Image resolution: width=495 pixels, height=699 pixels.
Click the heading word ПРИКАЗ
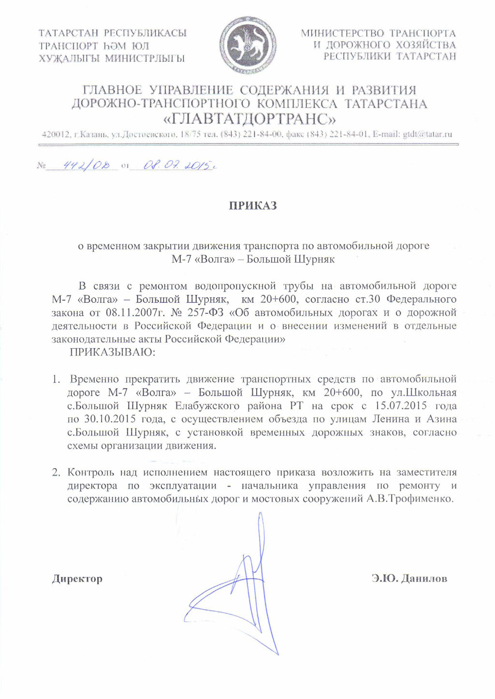253,206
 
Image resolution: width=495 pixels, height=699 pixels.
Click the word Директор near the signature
77,578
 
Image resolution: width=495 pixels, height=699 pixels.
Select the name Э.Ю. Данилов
409,578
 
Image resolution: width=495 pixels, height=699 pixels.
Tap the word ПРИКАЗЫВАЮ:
112,352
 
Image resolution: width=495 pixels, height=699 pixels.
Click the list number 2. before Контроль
58,472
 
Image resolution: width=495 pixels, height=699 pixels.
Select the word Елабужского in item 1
213,406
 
